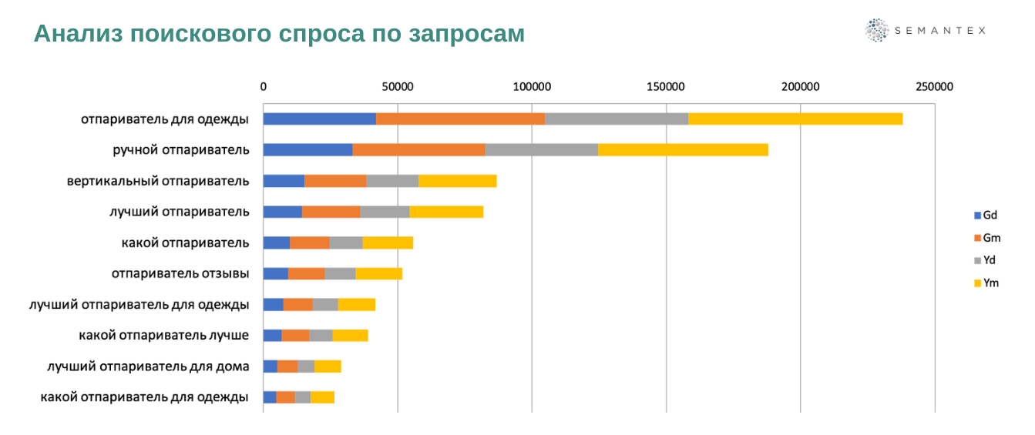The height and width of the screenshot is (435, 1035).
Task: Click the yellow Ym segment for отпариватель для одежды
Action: coord(795,119)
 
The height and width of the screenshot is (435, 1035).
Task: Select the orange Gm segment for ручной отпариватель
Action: coord(418,149)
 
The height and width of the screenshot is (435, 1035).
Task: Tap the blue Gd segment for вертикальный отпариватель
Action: coord(284,181)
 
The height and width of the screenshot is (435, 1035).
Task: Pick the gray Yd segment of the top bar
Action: coord(617,119)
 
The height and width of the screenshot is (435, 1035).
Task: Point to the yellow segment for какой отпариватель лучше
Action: coord(350,335)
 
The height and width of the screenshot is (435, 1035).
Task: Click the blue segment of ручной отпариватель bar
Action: coord(307,149)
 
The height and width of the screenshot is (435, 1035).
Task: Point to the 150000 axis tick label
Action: coord(666,87)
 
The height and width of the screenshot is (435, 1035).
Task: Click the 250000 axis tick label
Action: coord(934,87)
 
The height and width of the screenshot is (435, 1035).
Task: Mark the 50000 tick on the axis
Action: coord(398,87)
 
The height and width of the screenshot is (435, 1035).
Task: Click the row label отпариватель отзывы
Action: coord(180,273)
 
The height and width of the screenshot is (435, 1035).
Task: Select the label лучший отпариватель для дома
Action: coord(148,366)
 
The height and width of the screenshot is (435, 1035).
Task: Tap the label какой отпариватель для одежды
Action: coord(144,397)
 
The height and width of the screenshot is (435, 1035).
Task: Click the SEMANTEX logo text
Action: coord(939,31)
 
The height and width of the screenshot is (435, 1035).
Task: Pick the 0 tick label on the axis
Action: coord(264,87)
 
